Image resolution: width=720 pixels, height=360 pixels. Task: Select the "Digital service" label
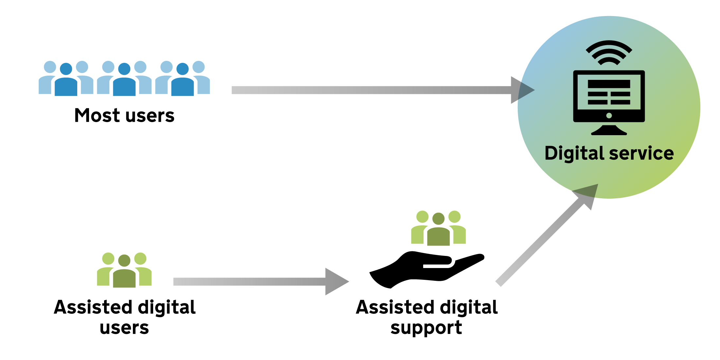pos(609,153)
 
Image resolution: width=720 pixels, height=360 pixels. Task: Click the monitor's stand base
pos(609,131)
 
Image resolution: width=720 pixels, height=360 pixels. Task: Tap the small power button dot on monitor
pos(609,116)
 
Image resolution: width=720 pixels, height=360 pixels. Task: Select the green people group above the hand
pos(438,228)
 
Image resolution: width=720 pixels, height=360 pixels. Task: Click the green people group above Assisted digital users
pos(124,270)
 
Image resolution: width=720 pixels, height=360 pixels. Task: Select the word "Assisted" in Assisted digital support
pos(395,307)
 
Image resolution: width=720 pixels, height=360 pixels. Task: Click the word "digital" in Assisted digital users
pos(167,308)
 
